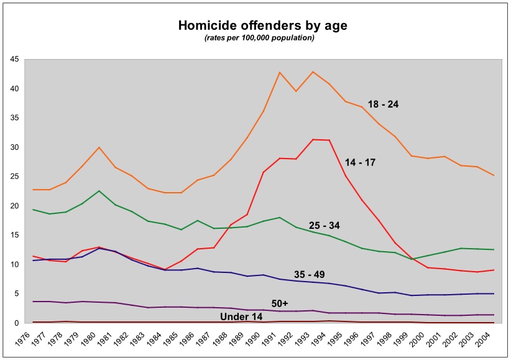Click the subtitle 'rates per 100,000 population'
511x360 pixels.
[259, 38]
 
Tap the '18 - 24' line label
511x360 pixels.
[382, 104]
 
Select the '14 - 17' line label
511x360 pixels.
[361, 162]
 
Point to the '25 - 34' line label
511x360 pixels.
[325, 224]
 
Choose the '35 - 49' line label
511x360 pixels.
[310, 274]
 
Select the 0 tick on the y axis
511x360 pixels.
[16, 323]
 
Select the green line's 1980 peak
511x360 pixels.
[99, 191]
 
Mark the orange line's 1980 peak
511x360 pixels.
[99, 147]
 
